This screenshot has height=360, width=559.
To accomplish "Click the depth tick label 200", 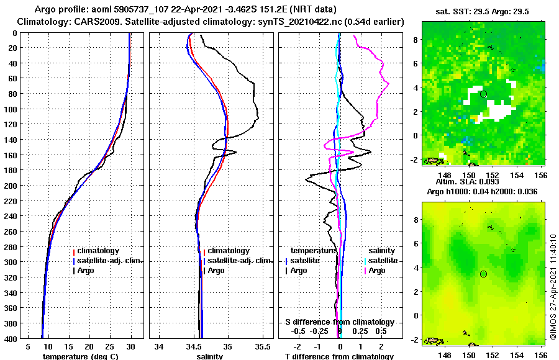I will coord(11,186).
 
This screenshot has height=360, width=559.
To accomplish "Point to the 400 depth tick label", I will coord(11,338).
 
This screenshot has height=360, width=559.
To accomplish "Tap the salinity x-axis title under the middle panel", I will coord(210,356).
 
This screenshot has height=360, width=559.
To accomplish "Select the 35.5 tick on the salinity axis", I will coord(263,346).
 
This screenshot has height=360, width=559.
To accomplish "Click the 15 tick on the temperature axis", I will coord(68,346).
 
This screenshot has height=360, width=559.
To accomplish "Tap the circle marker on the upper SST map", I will coord(483,94).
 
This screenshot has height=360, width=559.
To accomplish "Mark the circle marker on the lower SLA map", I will coord(483,274).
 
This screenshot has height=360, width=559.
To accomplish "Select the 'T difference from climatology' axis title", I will coord(339,356).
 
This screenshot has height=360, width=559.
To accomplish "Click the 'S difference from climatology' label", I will coord(339,322).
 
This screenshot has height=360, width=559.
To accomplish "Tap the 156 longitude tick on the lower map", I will coord(540,355).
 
